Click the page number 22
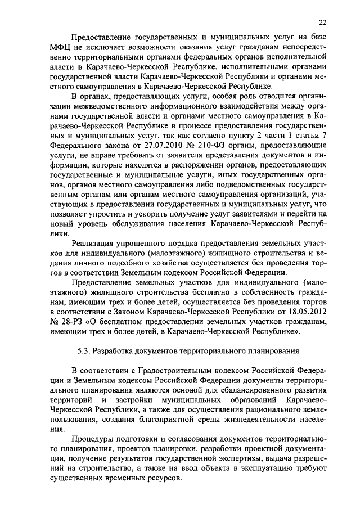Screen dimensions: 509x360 point(321,22)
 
